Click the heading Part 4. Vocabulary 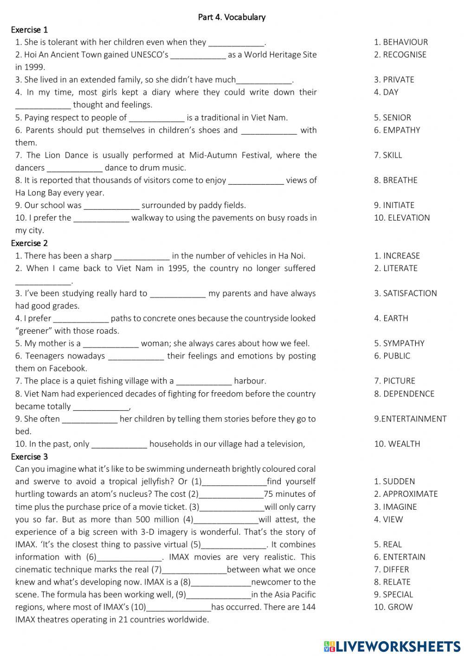pos(232,17)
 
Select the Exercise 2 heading pos(29,243)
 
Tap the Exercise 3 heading pos(29,456)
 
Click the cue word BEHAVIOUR pos(405,42)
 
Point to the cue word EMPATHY pos(401,130)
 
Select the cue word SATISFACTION pos(410,293)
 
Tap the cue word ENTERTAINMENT pos(413,419)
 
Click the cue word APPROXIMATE pos(410,494)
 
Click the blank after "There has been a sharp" pos(142,256)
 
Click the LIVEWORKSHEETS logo pos(392,646)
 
